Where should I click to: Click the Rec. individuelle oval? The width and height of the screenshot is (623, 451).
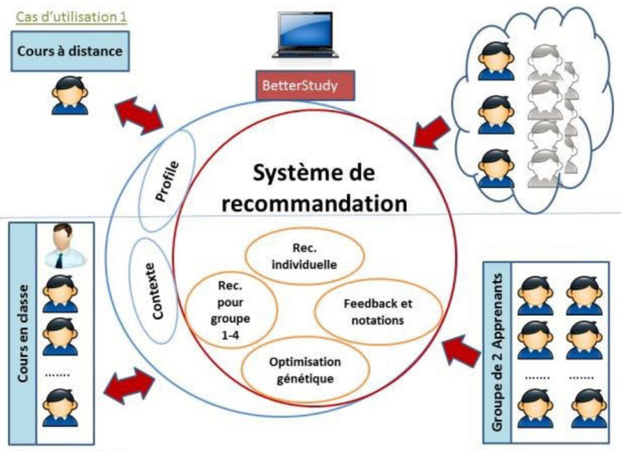coord(305,258)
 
